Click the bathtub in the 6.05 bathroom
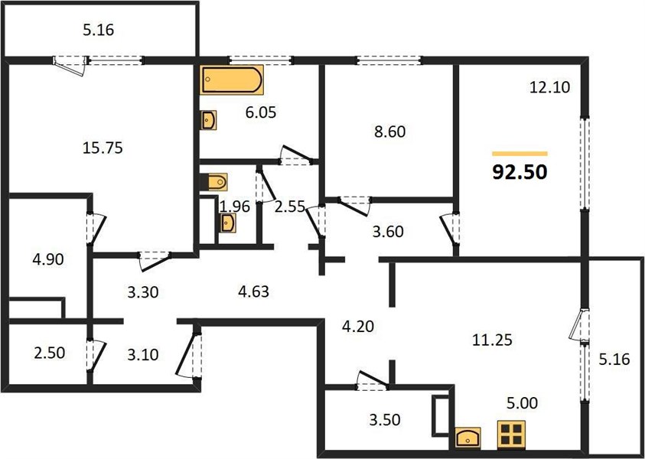pos(233,80)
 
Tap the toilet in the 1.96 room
pos(214,182)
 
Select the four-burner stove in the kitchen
pos(511,435)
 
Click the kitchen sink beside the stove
pos(467,438)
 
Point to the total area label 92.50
pos(520,172)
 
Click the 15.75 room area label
pos(103,148)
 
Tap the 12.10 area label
pos(549,87)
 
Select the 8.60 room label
pos(389,132)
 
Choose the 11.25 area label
pos(492,340)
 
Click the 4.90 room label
pos(48,259)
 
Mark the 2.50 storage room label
pos(50,353)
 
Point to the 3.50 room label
pos(385,420)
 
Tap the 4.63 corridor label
pos(253,291)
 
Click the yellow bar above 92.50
pos(520,154)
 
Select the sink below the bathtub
pos(209,120)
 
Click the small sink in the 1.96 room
pos(227,223)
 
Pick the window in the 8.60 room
pos(389,61)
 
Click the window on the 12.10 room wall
pos(585,164)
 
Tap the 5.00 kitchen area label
pos(522,402)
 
